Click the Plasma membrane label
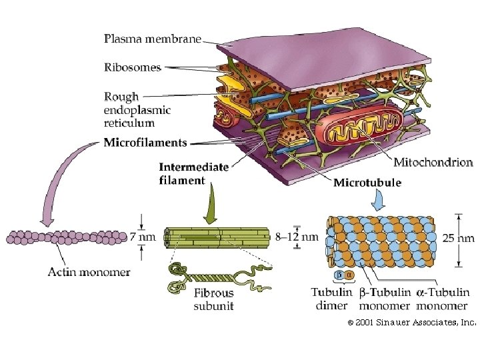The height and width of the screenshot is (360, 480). point(152,39)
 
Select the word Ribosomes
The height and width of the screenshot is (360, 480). point(133,67)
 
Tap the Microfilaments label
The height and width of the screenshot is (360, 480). point(145,142)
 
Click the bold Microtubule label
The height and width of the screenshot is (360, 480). point(367,183)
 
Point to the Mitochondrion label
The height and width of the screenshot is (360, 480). point(433,162)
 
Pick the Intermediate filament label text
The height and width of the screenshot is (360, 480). point(193,173)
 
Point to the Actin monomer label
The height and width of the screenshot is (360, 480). point(89,271)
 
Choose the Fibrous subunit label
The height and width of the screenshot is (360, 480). point(213,299)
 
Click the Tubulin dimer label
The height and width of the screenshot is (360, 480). point(331,299)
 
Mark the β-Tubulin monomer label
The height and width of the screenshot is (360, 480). point(384,299)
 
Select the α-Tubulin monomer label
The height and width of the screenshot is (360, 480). point(443,299)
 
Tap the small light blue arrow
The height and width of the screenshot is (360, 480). point(378,199)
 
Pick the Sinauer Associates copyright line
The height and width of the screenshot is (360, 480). point(411,323)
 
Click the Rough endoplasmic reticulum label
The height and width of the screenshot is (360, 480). point(137,110)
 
